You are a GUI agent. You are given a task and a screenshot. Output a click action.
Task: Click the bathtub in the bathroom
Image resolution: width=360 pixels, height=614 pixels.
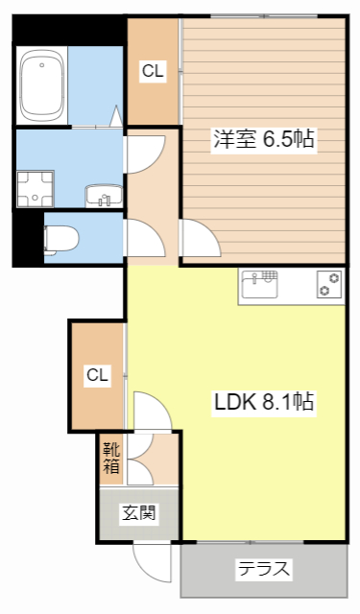42,85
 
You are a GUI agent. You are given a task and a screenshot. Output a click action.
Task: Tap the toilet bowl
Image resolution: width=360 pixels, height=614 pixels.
60,238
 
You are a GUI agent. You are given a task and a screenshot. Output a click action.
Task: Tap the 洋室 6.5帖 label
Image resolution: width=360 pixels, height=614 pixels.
263,139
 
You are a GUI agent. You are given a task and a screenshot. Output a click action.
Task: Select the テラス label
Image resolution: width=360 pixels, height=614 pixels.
263,568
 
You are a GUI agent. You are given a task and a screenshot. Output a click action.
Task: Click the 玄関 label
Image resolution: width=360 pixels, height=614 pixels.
139,514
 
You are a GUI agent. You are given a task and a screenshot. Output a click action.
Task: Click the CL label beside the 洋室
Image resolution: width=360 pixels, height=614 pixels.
152,70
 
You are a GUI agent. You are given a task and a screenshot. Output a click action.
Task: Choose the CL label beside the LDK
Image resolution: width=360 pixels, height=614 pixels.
97,375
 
